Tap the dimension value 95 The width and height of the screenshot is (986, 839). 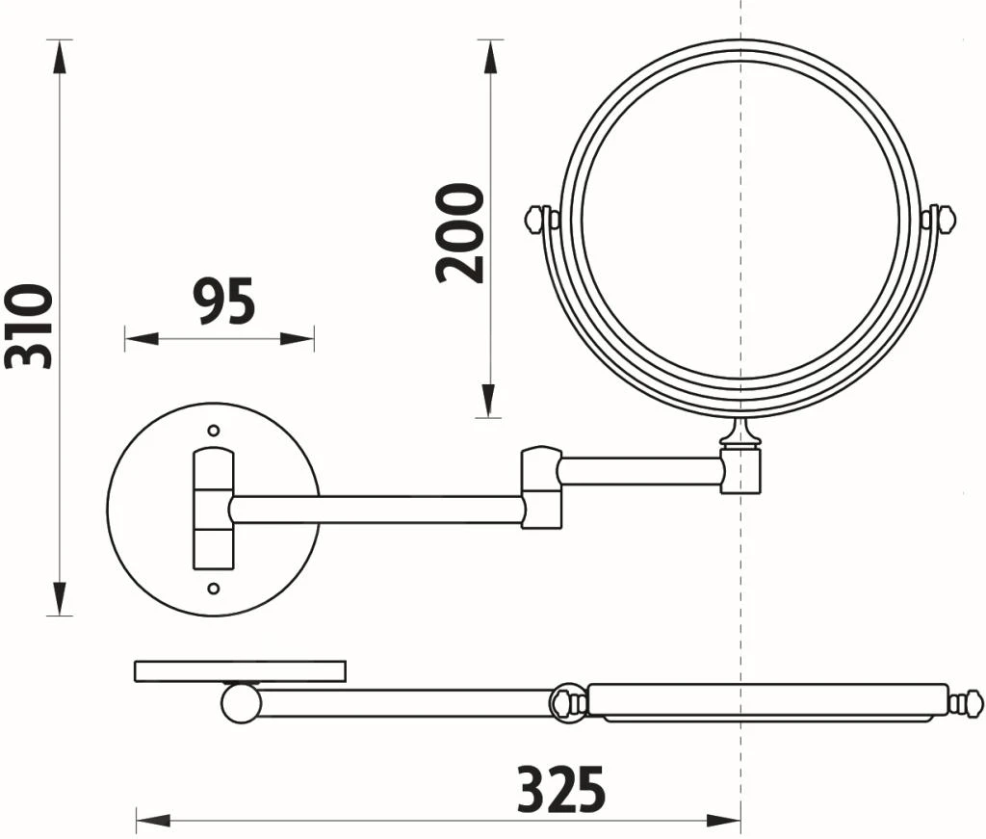[223, 301]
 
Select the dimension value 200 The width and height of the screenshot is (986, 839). [460, 233]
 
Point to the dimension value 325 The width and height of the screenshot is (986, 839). [561, 790]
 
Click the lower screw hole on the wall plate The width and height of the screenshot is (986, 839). [214, 588]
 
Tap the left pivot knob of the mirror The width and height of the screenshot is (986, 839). [537, 219]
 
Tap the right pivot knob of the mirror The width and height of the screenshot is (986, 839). [943, 219]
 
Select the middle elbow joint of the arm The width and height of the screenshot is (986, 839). [541, 486]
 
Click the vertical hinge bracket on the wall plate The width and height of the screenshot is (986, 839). [213, 509]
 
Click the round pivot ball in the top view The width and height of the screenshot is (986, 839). [241, 702]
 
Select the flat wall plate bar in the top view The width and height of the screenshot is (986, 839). [240, 670]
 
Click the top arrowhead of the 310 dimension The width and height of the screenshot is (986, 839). [60, 53]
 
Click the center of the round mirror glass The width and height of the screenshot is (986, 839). [740, 220]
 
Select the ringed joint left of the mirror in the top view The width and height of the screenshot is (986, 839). [568, 702]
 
